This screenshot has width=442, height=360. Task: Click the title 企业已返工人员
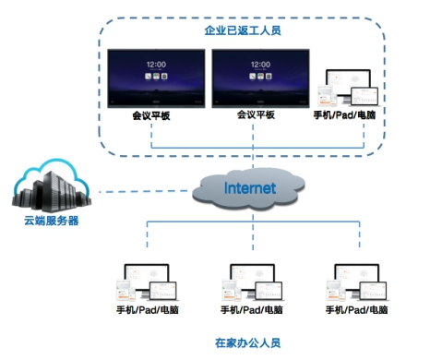tap(242, 30)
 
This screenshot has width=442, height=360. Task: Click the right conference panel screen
tap(257, 77)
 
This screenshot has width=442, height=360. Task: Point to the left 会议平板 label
tap(152, 116)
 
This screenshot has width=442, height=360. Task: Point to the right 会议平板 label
tap(257, 116)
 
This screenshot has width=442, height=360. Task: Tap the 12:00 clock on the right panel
tap(257, 66)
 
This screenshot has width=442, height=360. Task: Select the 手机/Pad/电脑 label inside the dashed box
tap(348, 115)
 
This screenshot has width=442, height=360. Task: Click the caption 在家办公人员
tap(246, 342)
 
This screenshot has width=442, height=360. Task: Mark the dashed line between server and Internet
tap(138, 191)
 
